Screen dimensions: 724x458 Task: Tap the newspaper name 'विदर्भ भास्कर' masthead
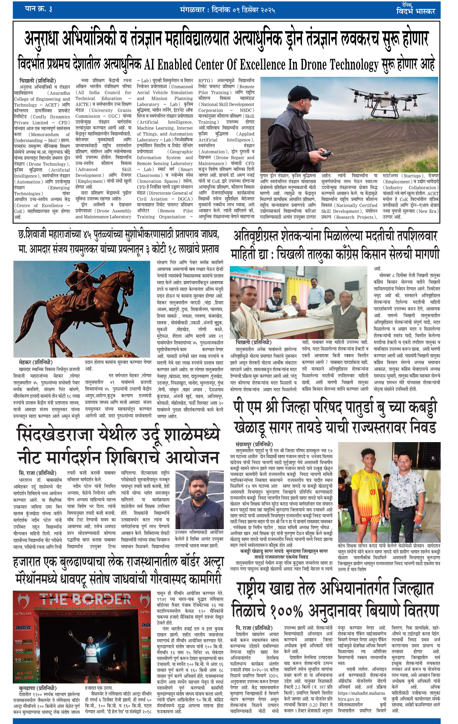[x=415, y=11]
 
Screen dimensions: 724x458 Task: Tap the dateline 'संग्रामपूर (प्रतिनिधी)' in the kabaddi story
[x=254, y=444]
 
